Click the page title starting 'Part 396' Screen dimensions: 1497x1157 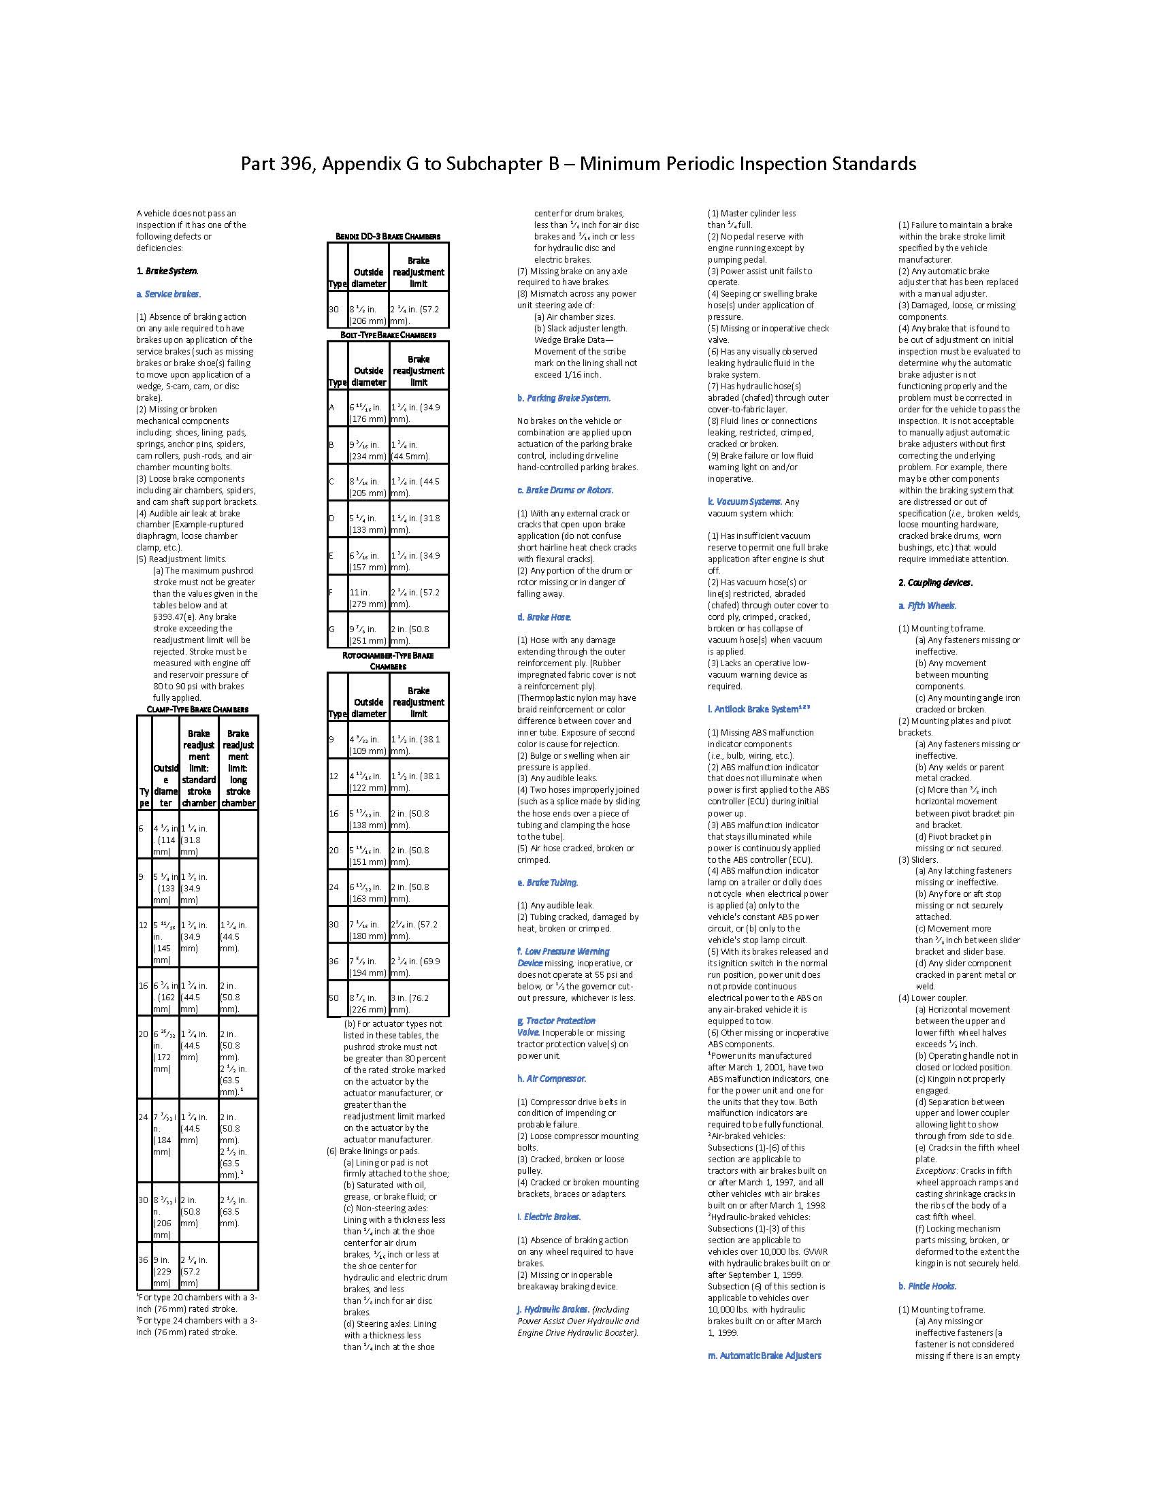(578, 164)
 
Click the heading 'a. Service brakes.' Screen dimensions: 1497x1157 (168, 294)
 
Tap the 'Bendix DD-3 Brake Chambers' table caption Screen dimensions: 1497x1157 (388, 237)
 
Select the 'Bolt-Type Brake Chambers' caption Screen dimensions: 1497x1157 (388, 335)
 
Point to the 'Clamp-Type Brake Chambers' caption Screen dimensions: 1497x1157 (197, 710)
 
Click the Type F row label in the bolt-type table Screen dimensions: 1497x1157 (332, 592)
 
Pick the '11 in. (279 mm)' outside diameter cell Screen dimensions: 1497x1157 (368, 597)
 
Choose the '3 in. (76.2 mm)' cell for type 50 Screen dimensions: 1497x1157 (418, 1004)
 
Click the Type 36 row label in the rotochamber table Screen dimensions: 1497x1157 (333, 961)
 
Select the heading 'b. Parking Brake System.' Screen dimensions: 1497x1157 (564, 398)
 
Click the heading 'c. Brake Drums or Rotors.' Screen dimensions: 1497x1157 (566, 490)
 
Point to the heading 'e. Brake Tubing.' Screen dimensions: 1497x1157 (548, 883)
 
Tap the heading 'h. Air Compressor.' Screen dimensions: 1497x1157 (552, 1079)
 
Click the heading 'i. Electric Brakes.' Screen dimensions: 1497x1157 (549, 1217)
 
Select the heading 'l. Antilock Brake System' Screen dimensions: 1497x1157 (759, 710)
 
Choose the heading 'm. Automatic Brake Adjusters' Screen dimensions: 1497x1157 (764, 1355)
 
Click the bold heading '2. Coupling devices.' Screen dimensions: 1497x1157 (936, 582)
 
